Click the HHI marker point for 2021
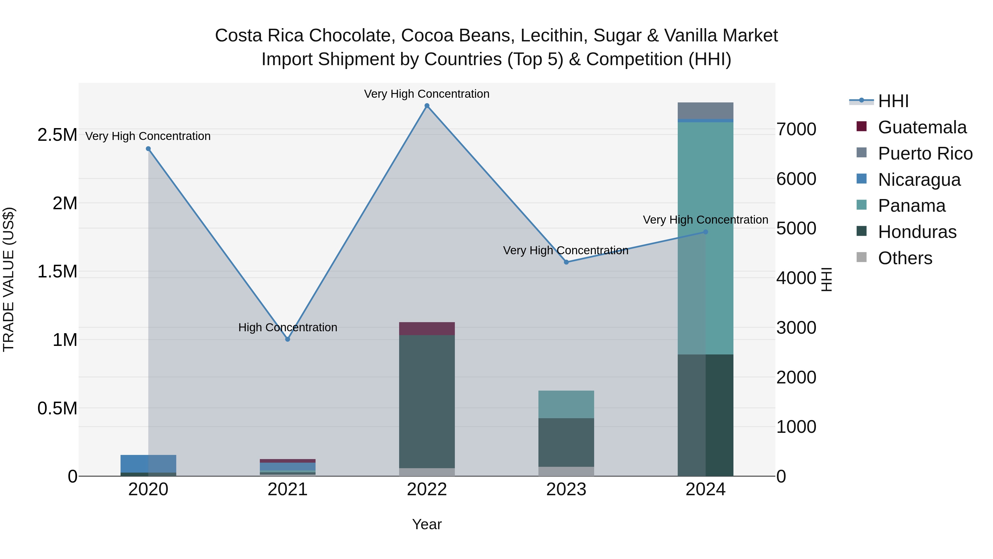click(288, 339)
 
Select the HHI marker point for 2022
click(427, 106)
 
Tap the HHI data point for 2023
click(566, 262)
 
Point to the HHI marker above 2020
click(148, 149)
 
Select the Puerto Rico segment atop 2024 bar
click(705, 111)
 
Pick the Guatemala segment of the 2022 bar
click(427, 328)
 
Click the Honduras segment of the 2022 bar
click(427, 401)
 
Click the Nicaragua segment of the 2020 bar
click(148, 463)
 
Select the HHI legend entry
click(893, 101)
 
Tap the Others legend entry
click(905, 258)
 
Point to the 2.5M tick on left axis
click(57, 135)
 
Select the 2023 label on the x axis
click(566, 489)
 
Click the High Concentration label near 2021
click(288, 327)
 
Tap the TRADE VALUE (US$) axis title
click(9, 279)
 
